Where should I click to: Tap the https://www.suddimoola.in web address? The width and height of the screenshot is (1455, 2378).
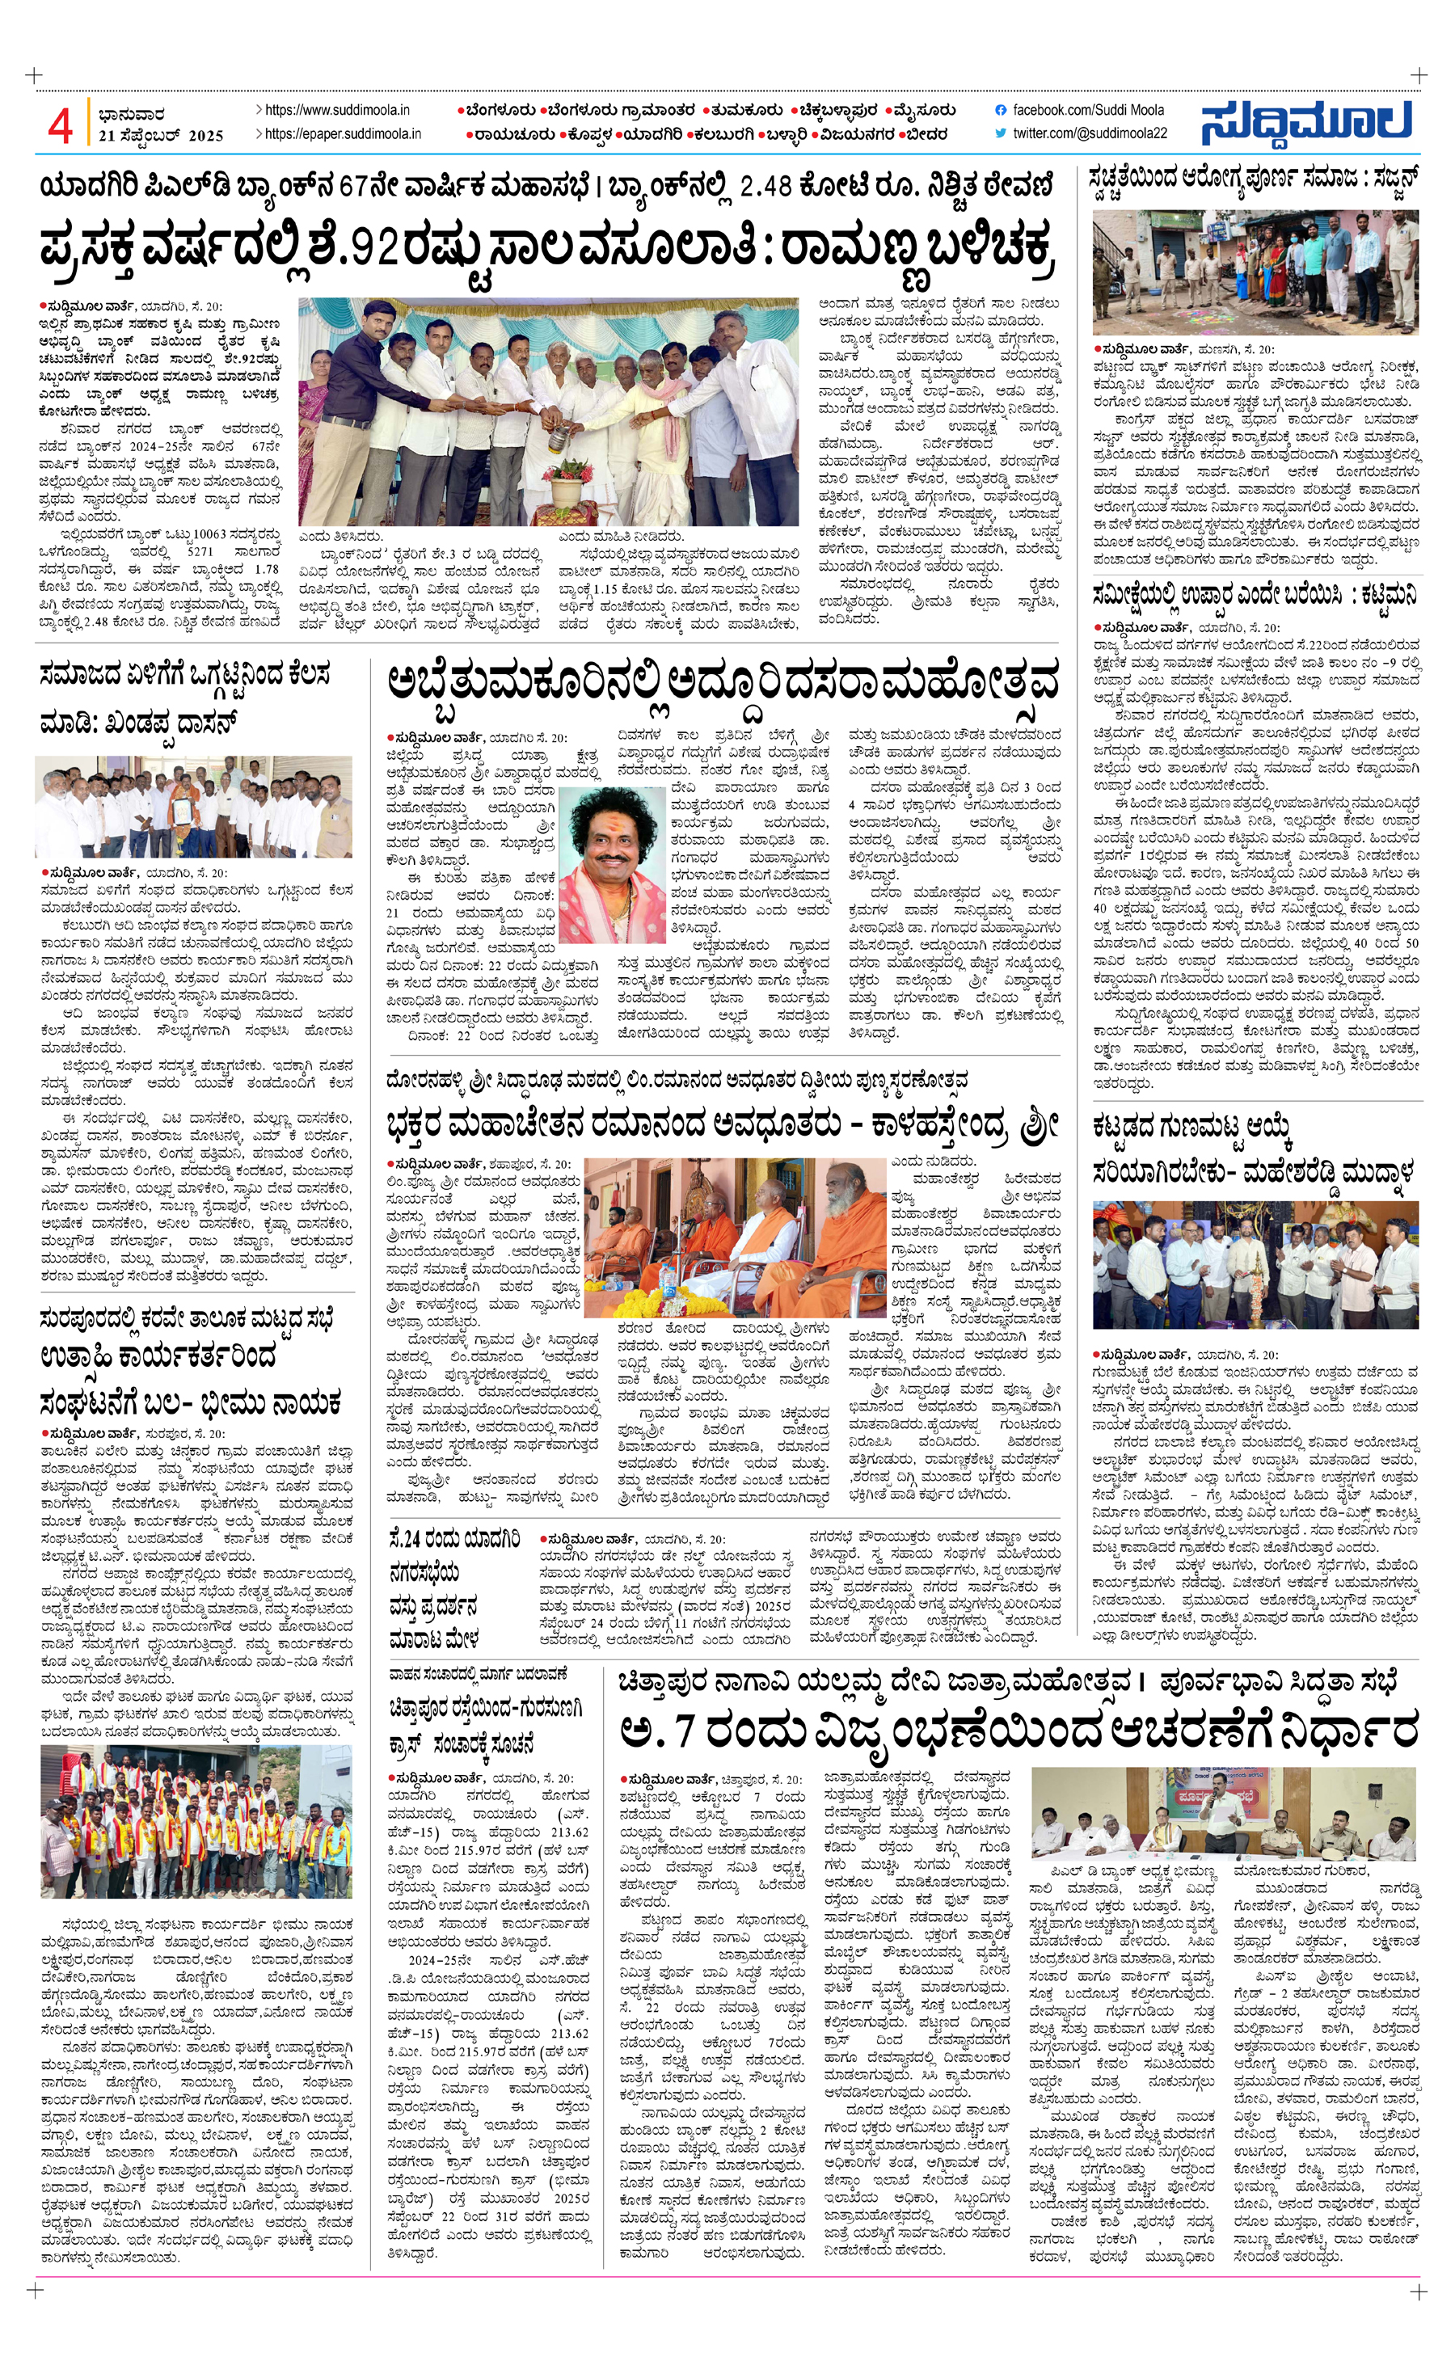[x=337, y=111]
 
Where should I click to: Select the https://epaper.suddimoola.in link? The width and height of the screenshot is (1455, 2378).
[x=343, y=134]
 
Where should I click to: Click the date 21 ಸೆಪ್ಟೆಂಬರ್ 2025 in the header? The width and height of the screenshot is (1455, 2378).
[x=161, y=136]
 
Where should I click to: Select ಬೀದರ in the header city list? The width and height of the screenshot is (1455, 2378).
[x=928, y=134]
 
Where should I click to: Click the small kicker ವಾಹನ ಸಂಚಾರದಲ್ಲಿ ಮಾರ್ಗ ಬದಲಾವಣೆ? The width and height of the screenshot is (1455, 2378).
[x=479, y=1672]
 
